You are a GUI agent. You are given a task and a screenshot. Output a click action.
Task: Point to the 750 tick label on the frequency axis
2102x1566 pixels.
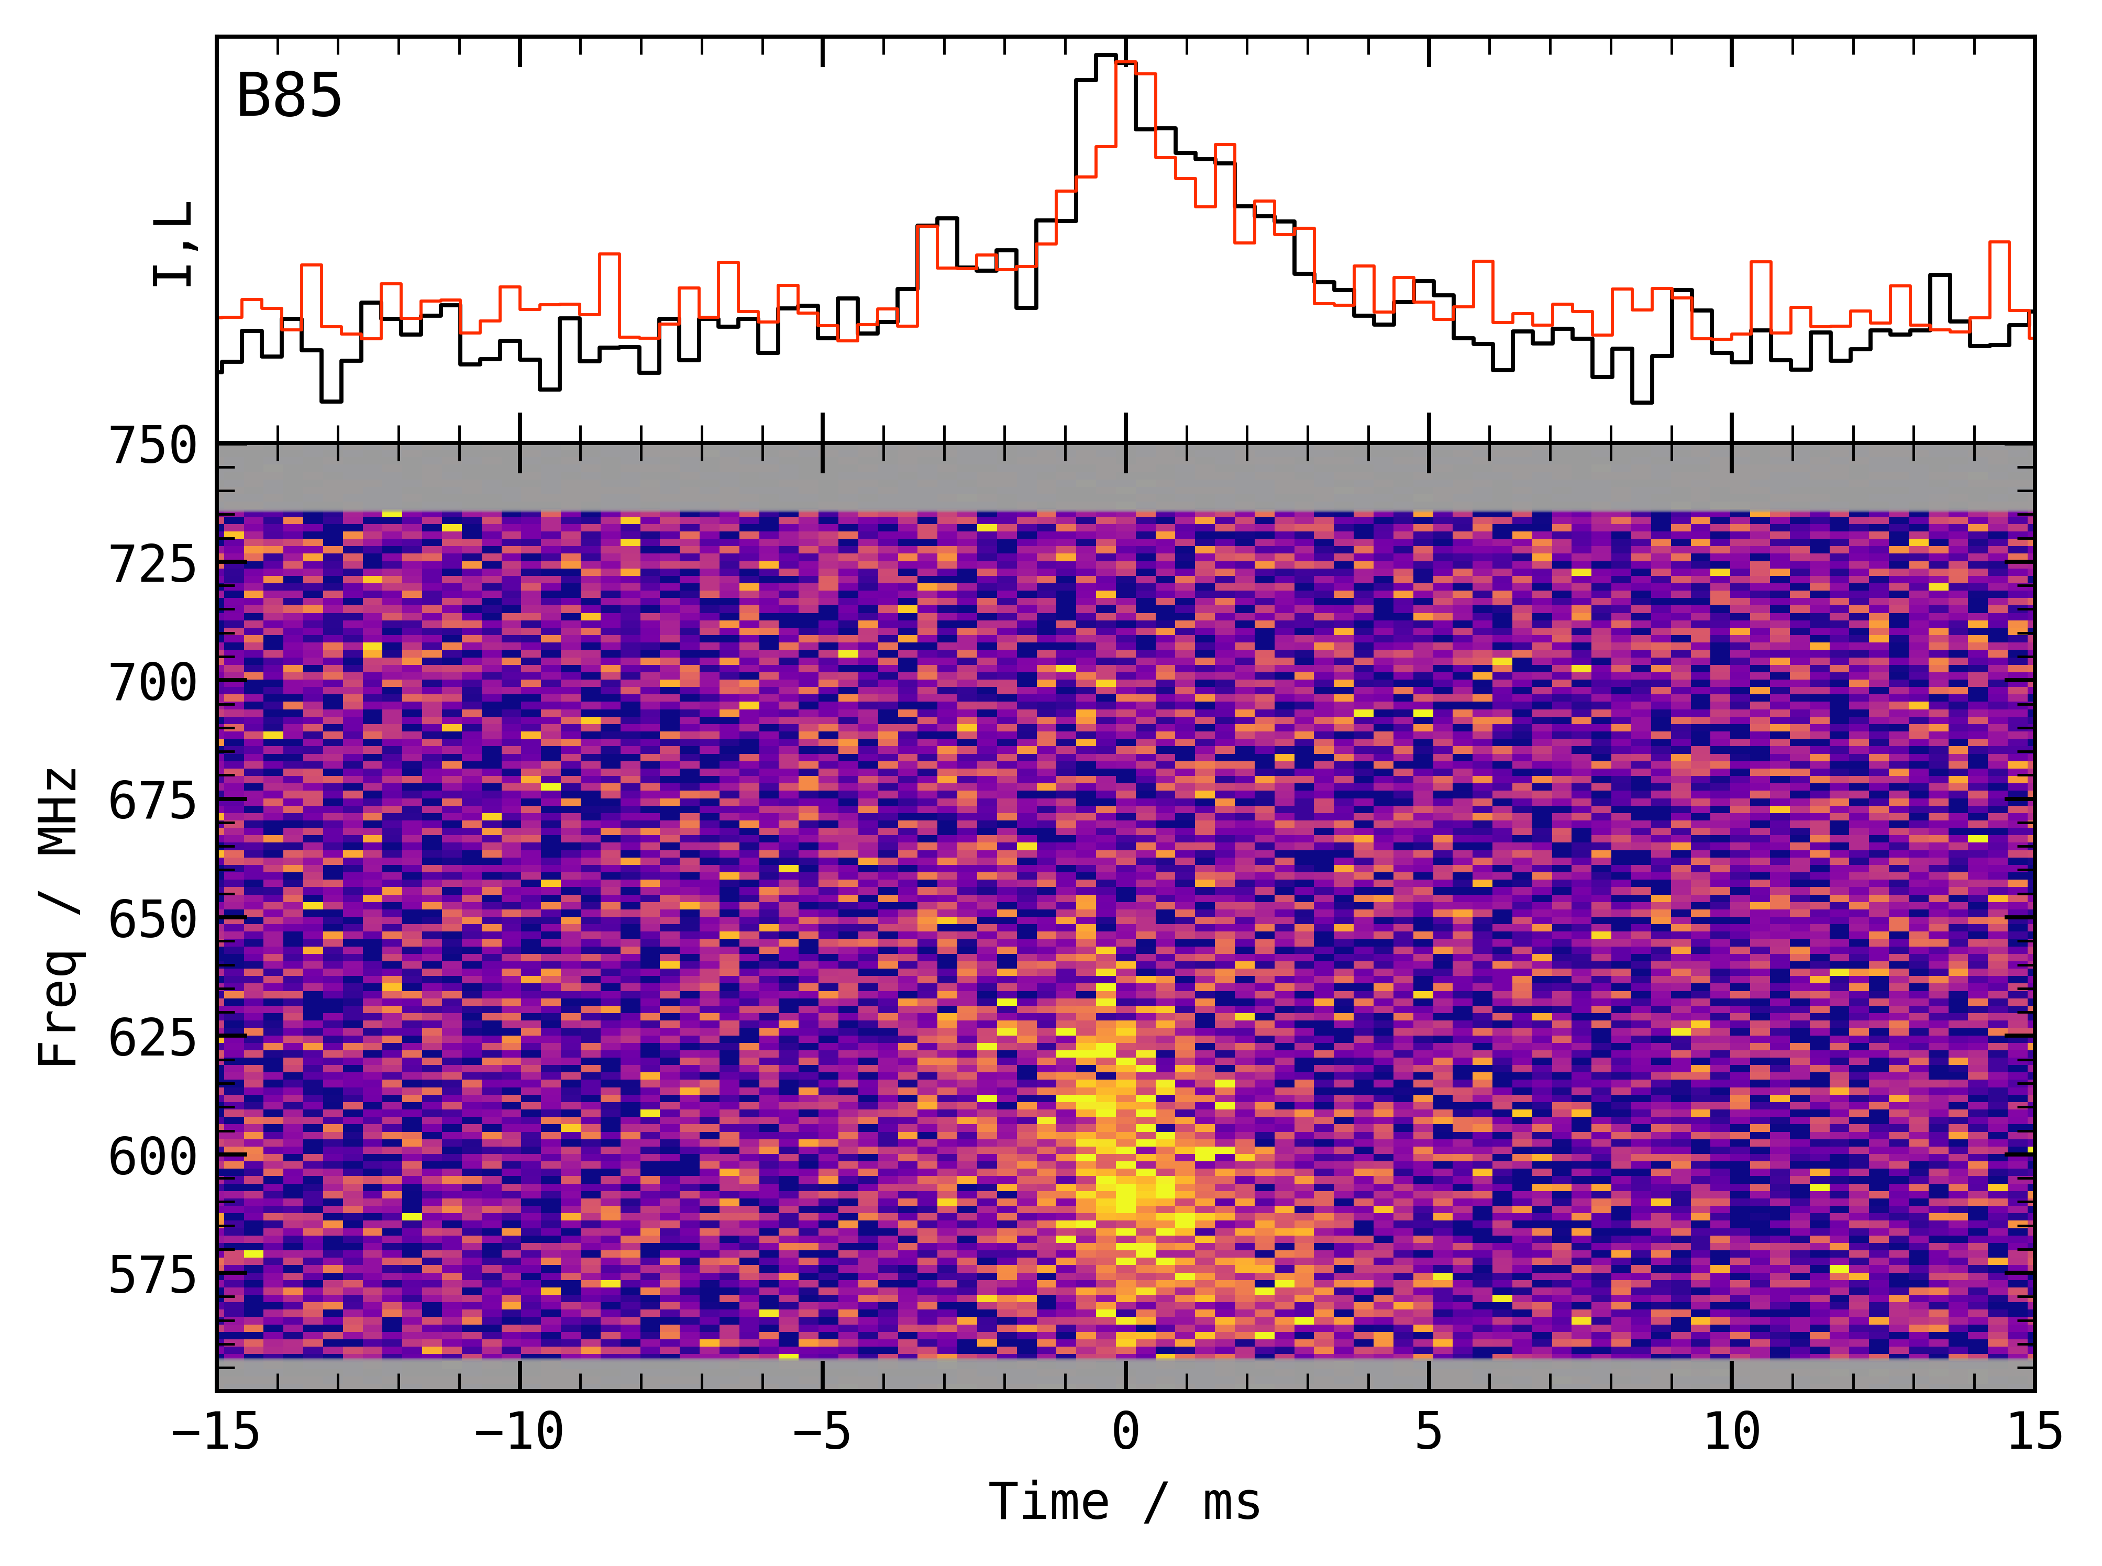(152, 446)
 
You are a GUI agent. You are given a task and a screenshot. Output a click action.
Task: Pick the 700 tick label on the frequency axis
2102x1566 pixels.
(152, 683)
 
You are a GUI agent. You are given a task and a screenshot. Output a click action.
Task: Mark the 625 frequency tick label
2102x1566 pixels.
(152, 1038)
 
